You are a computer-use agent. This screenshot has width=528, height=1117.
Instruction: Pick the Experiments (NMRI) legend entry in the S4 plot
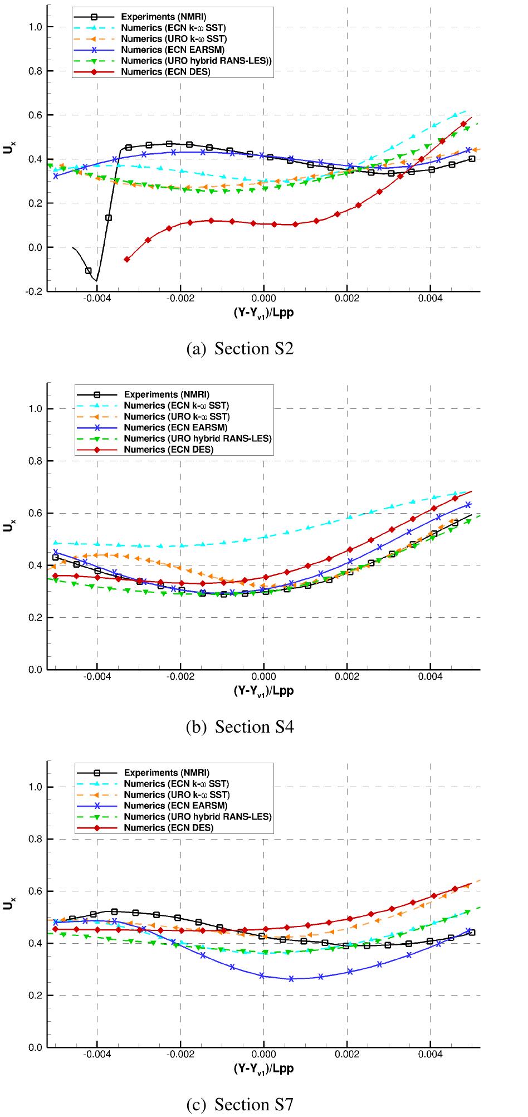click(166, 394)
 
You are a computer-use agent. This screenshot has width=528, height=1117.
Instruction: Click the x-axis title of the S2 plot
click(263, 313)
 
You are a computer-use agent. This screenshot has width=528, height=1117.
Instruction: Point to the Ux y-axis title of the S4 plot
click(8, 525)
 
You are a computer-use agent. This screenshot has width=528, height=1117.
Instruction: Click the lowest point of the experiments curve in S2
click(96, 280)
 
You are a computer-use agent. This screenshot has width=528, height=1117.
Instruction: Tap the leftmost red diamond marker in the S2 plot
click(127, 259)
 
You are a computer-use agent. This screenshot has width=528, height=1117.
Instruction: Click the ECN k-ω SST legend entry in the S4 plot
click(176, 405)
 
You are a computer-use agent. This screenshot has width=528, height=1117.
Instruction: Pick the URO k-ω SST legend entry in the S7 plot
click(176, 794)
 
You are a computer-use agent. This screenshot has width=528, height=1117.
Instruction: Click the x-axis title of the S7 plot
click(263, 1069)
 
